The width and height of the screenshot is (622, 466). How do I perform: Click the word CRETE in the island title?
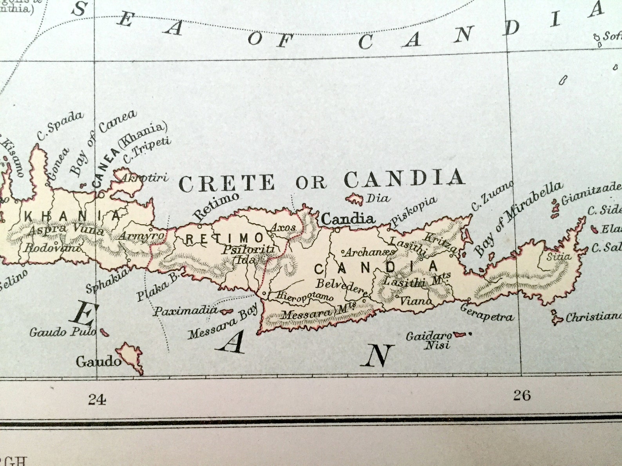(x=227, y=183)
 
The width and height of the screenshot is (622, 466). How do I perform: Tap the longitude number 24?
(x=97, y=399)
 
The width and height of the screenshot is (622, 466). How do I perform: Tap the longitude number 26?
(x=522, y=395)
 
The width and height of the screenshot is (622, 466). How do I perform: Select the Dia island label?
(x=378, y=199)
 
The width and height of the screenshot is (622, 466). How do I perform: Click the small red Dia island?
(x=355, y=199)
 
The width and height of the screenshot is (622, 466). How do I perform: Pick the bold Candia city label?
(x=348, y=219)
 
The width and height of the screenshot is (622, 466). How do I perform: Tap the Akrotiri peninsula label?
(x=145, y=178)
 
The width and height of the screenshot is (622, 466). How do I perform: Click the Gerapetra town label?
(x=486, y=312)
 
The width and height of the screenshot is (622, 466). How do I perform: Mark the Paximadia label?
(x=185, y=311)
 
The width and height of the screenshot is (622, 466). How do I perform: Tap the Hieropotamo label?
(x=304, y=296)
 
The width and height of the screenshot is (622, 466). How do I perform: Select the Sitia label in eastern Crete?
(x=559, y=257)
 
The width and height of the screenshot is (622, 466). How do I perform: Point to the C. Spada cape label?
(x=60, y=125)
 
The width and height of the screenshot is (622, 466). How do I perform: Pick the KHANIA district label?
(x=72, y=216)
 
